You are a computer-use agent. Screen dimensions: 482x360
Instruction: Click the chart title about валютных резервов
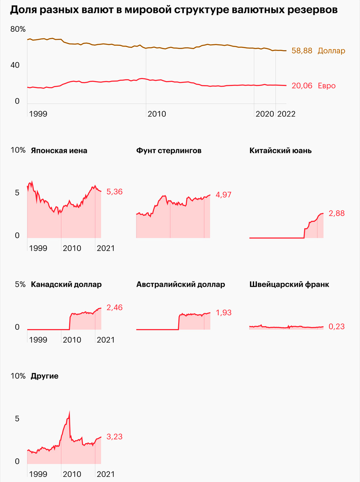point(173,10)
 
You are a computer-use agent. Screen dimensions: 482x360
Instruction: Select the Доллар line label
point(331,51)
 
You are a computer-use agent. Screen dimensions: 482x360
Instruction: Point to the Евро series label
point(327,86)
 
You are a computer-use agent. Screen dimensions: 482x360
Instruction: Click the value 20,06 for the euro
point(302,86)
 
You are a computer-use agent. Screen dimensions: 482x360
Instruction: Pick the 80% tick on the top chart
point(18,29)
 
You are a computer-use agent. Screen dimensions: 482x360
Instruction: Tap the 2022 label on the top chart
point(286,114)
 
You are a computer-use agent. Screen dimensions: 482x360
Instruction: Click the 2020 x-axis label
point(264,114)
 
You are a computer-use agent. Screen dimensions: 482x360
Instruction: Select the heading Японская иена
point(59,151)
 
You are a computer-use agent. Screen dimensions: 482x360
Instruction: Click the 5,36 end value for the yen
point(114,192)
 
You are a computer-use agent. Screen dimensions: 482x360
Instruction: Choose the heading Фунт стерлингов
point(169,151)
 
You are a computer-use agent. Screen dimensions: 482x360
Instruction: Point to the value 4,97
point(224,195)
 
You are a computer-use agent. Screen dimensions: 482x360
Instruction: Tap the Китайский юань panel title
point(281,151)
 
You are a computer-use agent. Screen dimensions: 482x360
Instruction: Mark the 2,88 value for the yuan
point(336,213)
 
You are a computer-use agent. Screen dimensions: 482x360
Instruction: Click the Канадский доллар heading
point(66,284)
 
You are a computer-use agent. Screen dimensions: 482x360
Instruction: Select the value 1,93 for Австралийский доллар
point(224,312)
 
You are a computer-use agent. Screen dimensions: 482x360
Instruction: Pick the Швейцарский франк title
point(289,284)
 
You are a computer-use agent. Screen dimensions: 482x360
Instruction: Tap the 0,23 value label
point(336,327)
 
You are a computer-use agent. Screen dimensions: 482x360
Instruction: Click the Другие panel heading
point(45,376)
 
